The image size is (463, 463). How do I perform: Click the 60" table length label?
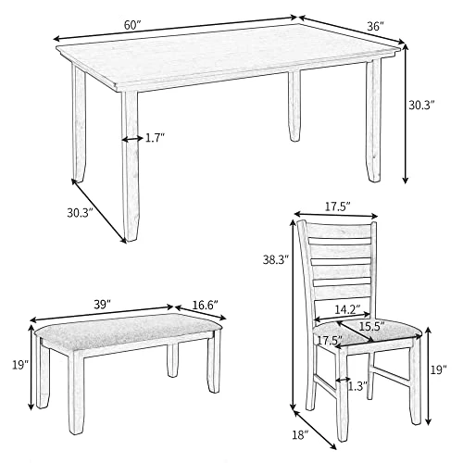pos(132,25)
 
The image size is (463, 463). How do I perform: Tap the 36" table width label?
pos(375,26)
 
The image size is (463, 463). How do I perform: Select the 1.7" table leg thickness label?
pos(156,138)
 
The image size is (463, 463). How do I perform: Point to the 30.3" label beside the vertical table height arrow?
pos(421,106)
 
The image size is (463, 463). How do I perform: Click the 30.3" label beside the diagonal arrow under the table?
pos(80,213)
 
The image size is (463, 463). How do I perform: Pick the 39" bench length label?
pos(102,305)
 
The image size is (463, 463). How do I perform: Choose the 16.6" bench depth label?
pos(205,305)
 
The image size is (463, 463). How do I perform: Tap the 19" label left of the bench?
pos(20,365)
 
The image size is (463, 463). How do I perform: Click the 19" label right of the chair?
pos(439,369)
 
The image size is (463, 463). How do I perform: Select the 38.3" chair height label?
pos(276,260)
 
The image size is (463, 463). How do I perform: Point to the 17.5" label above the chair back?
pos(337,206)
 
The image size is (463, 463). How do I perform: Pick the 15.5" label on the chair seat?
pos(371,326)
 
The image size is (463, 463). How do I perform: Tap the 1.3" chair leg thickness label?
pos(358,386)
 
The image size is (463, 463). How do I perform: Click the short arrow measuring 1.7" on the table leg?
pos(131,140)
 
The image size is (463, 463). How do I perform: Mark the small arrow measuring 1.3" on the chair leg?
pos(343,380)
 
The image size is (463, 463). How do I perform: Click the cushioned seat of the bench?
pos(129,330)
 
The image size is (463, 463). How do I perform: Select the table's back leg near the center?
pos(294,106)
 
